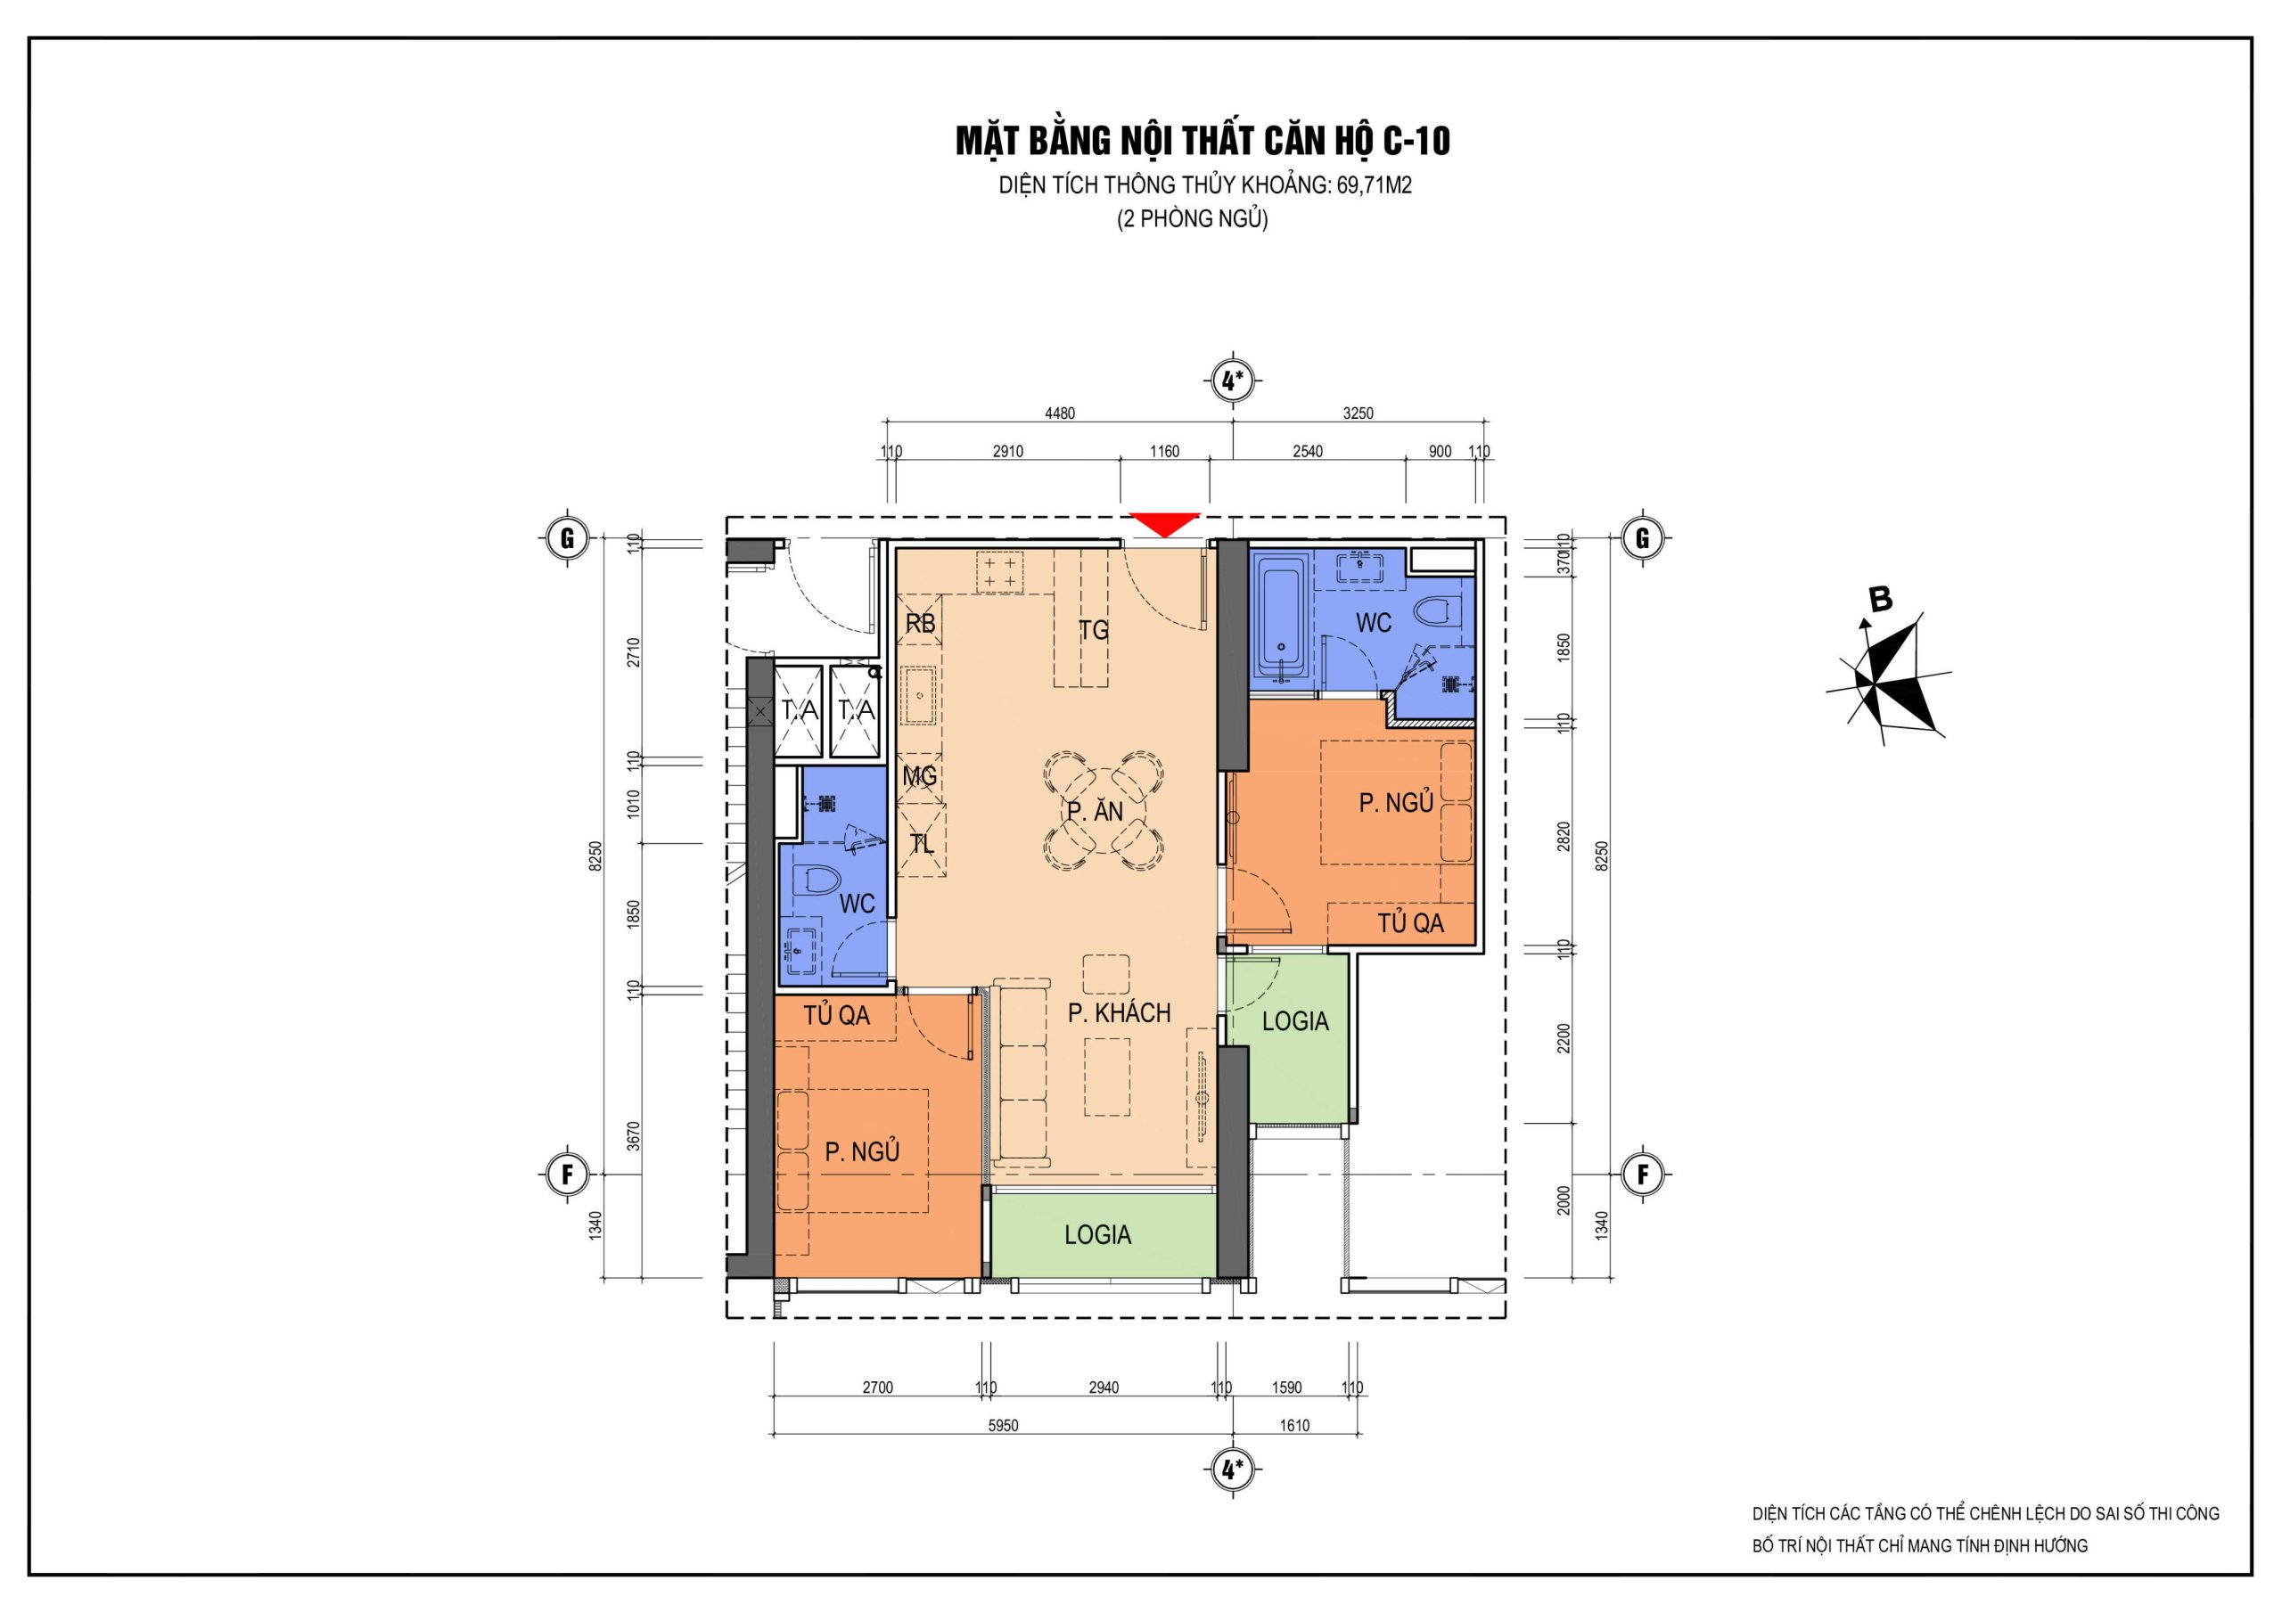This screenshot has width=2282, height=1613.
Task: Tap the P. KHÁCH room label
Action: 1119,1012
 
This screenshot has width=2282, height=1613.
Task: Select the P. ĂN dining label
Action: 1096,811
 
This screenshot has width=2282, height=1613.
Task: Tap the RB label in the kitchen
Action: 920,623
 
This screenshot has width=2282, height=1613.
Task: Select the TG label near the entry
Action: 1093,629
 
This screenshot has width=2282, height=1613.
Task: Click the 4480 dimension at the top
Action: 1060,413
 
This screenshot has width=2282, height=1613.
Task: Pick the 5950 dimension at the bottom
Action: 1003,1425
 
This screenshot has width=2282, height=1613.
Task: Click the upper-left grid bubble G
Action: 568,537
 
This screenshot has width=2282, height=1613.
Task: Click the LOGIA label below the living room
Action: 1097,1234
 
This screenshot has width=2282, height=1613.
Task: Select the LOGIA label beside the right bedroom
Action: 1295,1020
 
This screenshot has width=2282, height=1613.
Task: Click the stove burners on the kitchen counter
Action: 1000,571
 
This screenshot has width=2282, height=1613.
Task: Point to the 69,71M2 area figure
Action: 1374,184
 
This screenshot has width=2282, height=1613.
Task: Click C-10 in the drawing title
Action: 1416,141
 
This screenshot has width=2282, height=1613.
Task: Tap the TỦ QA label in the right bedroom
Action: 1410,922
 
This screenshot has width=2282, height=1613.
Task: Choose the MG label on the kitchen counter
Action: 919,775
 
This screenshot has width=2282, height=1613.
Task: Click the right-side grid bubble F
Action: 1642,1175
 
